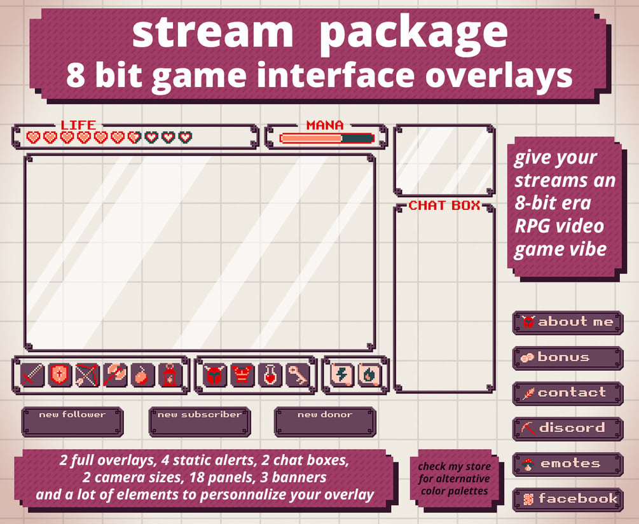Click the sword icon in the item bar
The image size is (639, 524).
point(32,375)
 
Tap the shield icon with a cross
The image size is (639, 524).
point(60,375)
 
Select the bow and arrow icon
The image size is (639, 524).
point(87,375)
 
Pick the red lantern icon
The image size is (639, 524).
point(170,375)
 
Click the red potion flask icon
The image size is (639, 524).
point(270,375)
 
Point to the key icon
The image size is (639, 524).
point(298,375)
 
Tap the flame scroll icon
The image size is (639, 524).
point(369,375)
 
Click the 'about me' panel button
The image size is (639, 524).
point(568,322)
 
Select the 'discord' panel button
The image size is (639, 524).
point(568,429)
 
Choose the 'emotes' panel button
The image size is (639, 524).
point(568,464)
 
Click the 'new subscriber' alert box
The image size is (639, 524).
point(200,422)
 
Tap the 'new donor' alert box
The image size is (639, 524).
point(325,422)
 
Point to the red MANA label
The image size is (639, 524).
point(325,125)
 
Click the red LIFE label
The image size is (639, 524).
point(78,125)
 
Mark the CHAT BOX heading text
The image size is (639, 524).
point(444,205)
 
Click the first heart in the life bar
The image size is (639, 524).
point(34,137)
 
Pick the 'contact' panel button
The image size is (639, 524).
point(568,394)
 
